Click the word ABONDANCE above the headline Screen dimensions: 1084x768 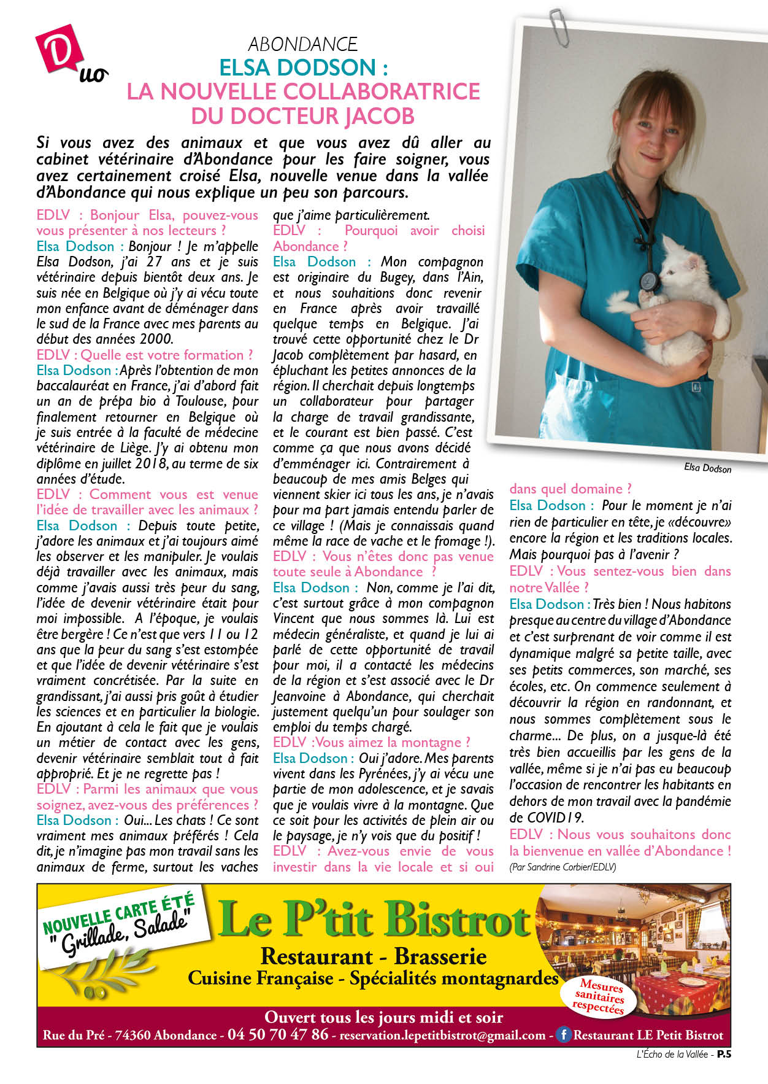tap(302, 44)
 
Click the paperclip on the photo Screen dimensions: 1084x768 tap(559, 26)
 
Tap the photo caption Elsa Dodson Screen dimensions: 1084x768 tap(707, 468)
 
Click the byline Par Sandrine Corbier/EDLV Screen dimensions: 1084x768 tap(563, 867)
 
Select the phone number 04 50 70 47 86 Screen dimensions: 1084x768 tap(278, 1034)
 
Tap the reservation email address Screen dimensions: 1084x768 tap(442, 1036)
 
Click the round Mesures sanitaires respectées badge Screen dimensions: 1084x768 tap(599, 997)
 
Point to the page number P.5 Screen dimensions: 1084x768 tap(724, 1055)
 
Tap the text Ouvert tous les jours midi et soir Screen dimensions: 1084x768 tap(383, 1017)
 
